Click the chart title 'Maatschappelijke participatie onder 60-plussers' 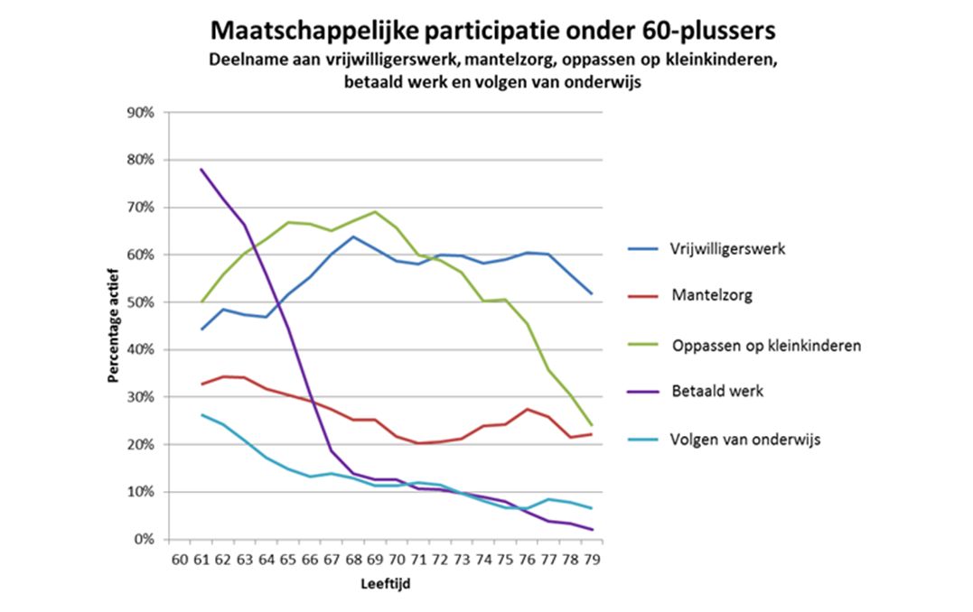492,31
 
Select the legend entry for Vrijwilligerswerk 727,249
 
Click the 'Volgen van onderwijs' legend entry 745,440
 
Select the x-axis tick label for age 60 179,560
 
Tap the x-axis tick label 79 592,560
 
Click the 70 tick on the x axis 397,560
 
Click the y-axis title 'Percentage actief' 115,326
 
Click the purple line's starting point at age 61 201,169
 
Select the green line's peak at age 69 375,211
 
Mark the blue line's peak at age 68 353,236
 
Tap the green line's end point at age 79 592,425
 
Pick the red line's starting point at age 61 201,385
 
